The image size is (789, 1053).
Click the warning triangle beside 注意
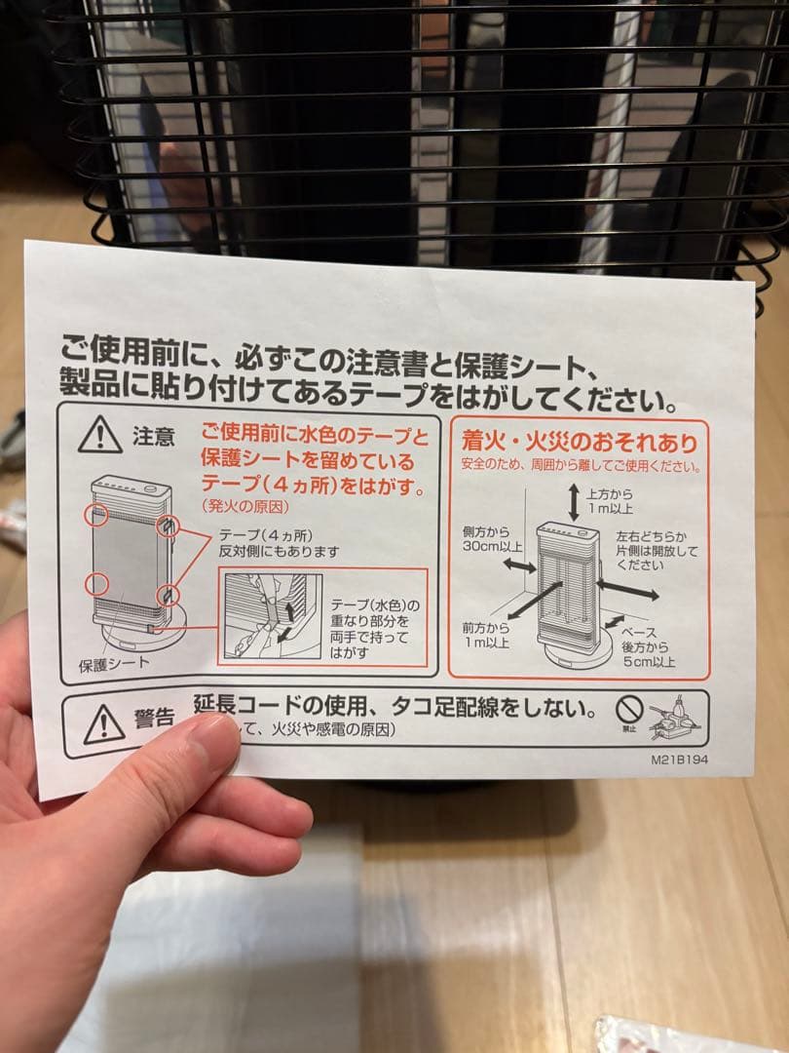click(99, 435)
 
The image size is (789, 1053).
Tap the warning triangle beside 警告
click(103, 723)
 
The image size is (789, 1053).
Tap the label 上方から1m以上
click(611, 501)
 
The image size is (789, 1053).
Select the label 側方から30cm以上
click(493, 538)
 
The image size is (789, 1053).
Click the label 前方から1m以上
click(486, 634)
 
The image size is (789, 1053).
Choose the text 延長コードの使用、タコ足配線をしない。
click(394, 706)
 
